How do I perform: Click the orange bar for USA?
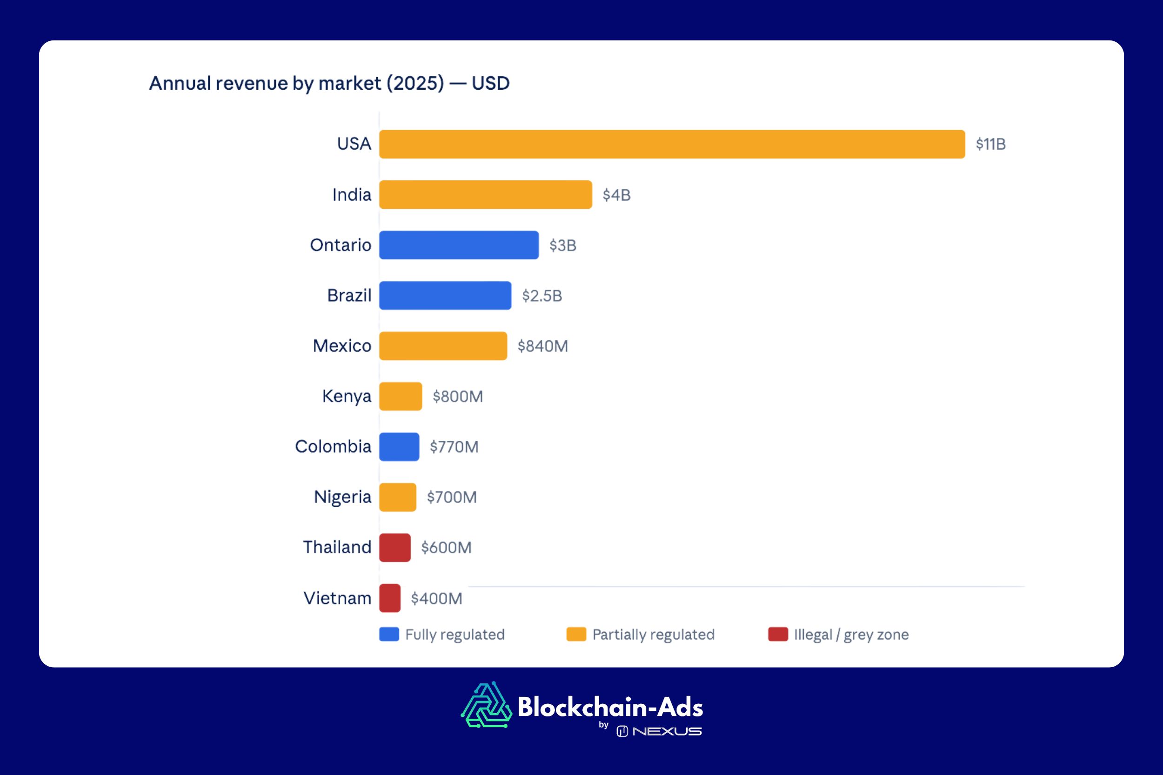tap(671, 144)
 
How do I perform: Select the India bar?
tap(485, 195)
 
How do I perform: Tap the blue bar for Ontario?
tap(458, 245)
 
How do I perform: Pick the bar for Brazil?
tap(445, 296)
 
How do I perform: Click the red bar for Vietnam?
tap(390, 598)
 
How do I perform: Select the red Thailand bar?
tap(394, 548)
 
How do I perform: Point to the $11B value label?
tap(990, 144)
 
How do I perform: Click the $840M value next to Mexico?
tap(542, 346)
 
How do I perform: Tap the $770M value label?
tap(454, 447)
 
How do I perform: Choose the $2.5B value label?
tap(542, 296)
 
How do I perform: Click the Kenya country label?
tap(346, 397)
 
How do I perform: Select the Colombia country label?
tap(333, 446)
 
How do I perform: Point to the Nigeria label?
tap(342, 497)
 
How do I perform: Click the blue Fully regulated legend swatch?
tap(389, 634)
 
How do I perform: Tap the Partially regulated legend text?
tap(653, 634)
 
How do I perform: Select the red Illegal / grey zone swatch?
tap(778, 634)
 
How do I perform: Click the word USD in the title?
tap(490, 83)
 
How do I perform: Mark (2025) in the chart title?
tap(415, 83)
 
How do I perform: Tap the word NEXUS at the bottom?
tap(667, 731)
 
